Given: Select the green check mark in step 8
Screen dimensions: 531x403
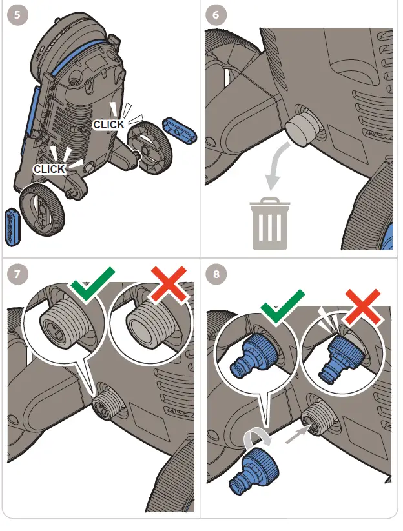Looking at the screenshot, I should tap(282, 306).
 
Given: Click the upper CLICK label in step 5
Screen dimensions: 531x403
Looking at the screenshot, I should tap(108, 124).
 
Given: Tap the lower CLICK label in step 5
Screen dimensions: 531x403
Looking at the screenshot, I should tap(50, 168).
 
